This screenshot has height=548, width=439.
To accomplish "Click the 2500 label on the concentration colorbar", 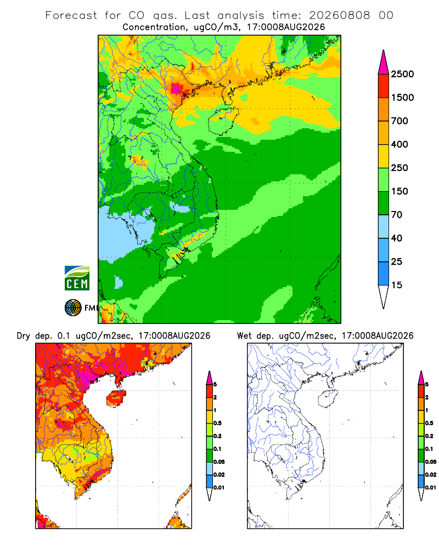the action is [x=402, y=74].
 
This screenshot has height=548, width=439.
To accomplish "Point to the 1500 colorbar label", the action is [x=402, y=98].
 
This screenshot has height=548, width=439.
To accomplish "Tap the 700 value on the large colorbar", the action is [x=399, y=121].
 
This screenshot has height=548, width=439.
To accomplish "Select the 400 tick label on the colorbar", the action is [x=399, y=144].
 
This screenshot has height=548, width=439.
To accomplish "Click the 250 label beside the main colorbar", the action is [x=399, y=168].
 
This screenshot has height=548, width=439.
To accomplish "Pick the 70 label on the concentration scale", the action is [x=397, y=215].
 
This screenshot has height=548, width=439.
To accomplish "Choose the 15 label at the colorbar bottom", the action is [x=397, y=285].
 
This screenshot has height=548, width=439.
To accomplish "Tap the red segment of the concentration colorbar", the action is [x=384, y=86].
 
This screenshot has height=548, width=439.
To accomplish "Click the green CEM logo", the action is [x=77, y=278].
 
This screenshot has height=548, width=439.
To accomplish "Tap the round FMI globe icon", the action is [x=73, y=308].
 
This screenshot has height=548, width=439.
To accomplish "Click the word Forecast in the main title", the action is [x=71, y=15].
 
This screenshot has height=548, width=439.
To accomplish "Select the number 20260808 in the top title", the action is [x=339, y=15].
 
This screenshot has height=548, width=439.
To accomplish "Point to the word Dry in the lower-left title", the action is [x=23, y=336].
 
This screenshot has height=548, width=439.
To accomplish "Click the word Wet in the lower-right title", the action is [x=244, y=336].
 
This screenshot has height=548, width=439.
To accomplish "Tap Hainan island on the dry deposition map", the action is [x=116, y=398].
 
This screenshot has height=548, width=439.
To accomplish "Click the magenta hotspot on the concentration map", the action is [x=176, y=88].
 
